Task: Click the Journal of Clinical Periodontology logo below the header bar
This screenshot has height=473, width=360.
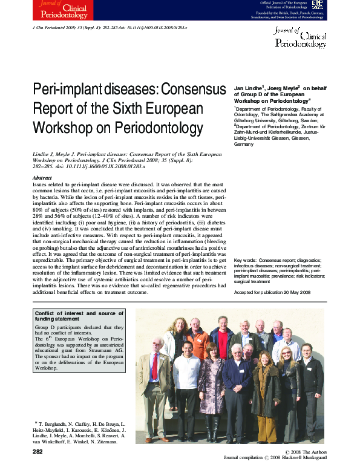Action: (x=301, y=38)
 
